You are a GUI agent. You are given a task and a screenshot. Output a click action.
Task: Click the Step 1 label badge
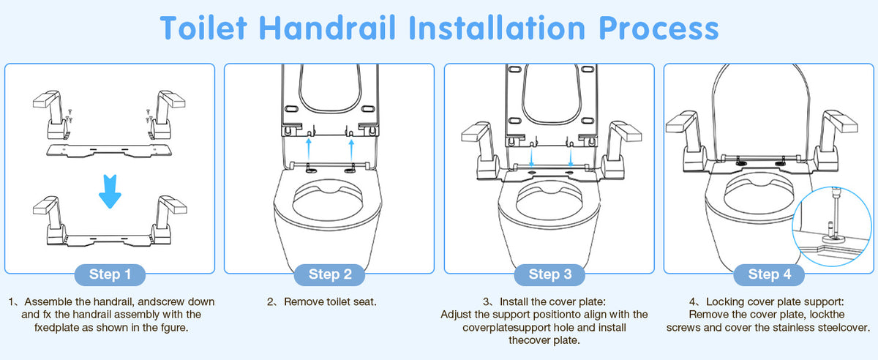pyautogui.click(x=109, y=274)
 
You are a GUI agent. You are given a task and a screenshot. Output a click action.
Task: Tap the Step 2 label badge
pyautogui.click(x=330, y=274)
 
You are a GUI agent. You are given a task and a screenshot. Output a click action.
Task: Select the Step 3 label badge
pyautogui.click(x=550, y=274)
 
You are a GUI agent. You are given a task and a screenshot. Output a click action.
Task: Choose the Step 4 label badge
pyautogui.click(x=769, y=274)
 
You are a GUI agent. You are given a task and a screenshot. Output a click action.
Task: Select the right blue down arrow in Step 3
pyautogui.click(x=571, y=157)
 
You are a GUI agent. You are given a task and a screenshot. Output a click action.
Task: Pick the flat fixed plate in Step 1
pyautogui.click(x=109, y=151)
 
